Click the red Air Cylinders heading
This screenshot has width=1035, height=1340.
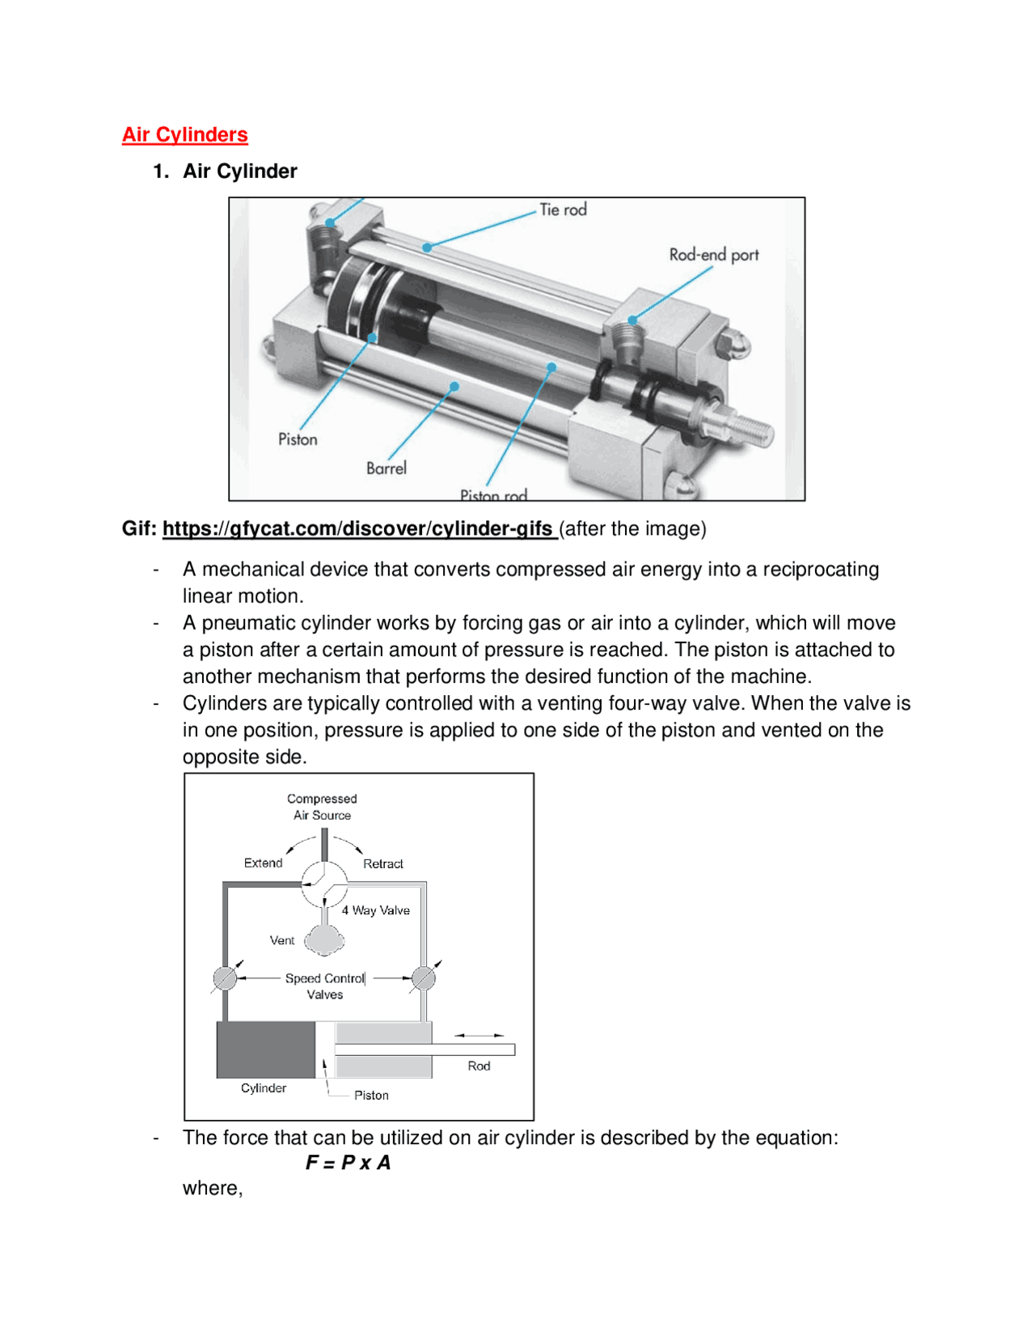pyautogui.click(x=184, y=134)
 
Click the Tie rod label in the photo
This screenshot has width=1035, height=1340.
pyautogui.click(x=563, y=210)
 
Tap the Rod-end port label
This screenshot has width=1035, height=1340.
pyautogui.click(x=713, y=255)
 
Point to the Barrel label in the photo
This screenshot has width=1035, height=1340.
pyautogui.click(x=386, y=468)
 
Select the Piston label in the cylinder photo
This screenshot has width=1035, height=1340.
pyautogui.click(x=298, y=439)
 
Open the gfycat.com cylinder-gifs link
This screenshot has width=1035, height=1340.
pyautogui.click(x=357, y=528)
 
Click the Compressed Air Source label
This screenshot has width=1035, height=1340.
pyautogui.click(x=322, y=807)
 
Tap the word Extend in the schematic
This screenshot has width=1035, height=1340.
pyautogui.click(x=263, y=863)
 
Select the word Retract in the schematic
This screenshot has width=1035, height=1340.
pyautogui.click(x=382, y=863)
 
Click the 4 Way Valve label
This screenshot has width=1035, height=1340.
pyautogui.click(x=375, y=910)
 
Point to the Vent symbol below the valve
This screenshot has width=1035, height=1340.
pyautogui.click(x=324, y=940)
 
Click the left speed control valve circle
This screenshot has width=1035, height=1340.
pyautogui.click(x=225, y=978)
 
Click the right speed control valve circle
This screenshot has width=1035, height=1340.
pyautogui.click(x=423, y=978)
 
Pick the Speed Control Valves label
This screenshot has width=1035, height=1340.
pyautogui.click(x=324, y=986)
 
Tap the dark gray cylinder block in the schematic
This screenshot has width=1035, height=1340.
pyautogui.click(x=265, y=1050)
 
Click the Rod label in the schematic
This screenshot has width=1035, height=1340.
pyautogui.click(x=479, y=1066)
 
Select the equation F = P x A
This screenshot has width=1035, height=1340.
pyautogui.click(x=348, y=1163)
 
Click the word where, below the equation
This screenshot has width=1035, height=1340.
pyautogui.click(x=212, y=1188)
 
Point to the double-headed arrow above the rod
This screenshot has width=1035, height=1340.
pyautogui.click(x=479, y=1035)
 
